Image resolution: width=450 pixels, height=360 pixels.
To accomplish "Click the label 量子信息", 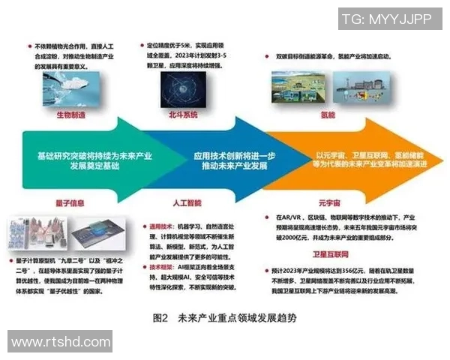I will [x=60, y=201].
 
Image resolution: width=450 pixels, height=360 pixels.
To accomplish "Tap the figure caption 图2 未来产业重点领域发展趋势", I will [x=224, y=317].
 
